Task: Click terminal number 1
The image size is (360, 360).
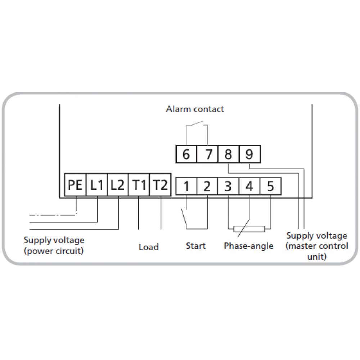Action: click(x=186, y=187)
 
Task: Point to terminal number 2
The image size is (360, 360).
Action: click(x=207, y=187)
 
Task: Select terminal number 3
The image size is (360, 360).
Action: click(x=228, y=187)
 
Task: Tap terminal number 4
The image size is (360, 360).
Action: click(x=249, y=187)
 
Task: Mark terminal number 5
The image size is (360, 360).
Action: click(x=270, y=187)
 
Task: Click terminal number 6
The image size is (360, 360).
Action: click(x=186, y=154)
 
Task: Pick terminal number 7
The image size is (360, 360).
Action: click(x=208, y=154)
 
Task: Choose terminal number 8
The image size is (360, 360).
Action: click(x=228, y=154)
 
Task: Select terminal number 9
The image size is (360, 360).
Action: click(x=249, y=154)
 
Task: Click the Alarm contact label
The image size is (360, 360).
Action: click(x=195, y=109)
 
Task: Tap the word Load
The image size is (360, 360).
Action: click(x=149, y=247)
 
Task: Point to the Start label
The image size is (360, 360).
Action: click(x=196, y=246)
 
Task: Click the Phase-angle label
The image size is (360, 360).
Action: click(x=248, y=246)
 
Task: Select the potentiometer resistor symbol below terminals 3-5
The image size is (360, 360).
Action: click(x=249, y=229)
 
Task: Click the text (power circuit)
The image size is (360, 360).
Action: click(x=54, y=251)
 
